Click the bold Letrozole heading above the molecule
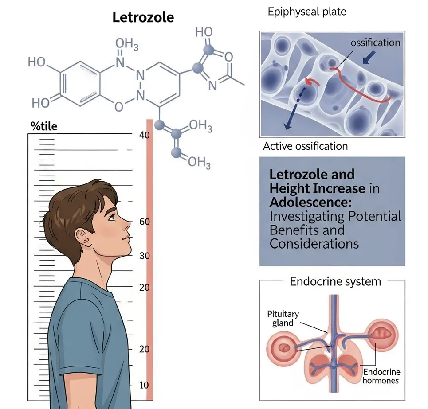[x=143, y=18]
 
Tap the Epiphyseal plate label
[x=306, y=12]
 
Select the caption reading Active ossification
[x=305, y=146]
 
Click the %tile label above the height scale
[x=44, y=126]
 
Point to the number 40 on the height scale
[x=144, y=136]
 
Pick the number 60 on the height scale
[x=145, y=222]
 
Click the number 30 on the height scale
[x=145, y=256]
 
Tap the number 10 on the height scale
[x=144, y=385]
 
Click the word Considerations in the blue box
[x=314, y=244]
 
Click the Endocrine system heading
[x=335, y=281]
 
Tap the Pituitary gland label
[x=283, y=318]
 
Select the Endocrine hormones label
[x=381, y=376]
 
